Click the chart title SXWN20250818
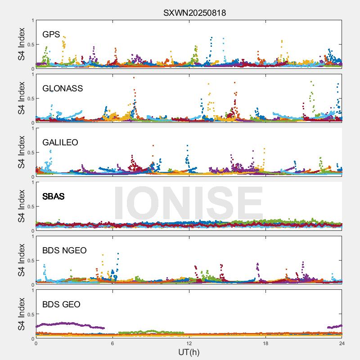[x=194, y=13]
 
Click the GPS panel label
[x=51, y=35]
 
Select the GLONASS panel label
[x=63, y=89]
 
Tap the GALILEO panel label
[x=60, y=143]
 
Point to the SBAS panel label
[x=54, y=197]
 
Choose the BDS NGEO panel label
[x=64, y=251]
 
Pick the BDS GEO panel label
[x=61, y=305]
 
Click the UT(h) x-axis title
[x=189, y=352]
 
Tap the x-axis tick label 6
[x=112, y=343]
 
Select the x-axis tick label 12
[x=189, y=343]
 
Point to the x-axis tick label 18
[x=265, y=343]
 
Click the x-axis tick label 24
[x=342, y=343]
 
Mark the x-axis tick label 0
[x=36, y=343]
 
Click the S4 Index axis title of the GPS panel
[x=22, y=44]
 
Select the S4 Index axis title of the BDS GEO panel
[x=22, y=314]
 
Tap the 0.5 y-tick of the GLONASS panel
[x=29, y=99]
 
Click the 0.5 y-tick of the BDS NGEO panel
[x=29, y=261]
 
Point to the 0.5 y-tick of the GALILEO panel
[x=29, y=153]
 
